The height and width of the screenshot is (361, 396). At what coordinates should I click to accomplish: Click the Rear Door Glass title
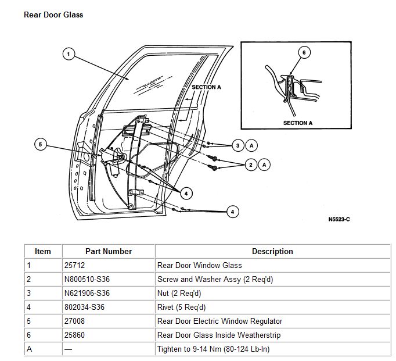click(53, 15)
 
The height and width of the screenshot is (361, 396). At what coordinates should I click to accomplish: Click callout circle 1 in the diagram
click(69, 54)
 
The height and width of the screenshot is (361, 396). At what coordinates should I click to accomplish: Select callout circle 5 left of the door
click(40, 145)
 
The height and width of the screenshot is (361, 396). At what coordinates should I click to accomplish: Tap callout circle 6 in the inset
click(302, 52)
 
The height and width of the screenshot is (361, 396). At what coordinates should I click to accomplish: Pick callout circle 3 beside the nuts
click(237, 145)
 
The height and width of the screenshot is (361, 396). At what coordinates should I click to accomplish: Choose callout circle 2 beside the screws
click(251, 165)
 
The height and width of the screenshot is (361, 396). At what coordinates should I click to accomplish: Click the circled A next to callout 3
click(251, 145)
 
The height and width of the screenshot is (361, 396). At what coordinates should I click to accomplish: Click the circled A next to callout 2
click(264, 165)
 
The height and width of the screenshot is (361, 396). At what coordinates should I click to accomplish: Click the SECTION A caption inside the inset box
click(298, 123)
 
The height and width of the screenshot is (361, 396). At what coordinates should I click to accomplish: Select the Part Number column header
click(109, 252)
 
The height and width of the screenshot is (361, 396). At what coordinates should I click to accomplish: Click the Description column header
click(272, 252)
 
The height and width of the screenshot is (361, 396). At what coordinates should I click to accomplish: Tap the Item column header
click(43, 252)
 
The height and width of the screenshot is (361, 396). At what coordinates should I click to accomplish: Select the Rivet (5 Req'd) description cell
click(182, 308)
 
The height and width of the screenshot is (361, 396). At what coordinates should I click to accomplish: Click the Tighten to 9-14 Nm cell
click(213, 349)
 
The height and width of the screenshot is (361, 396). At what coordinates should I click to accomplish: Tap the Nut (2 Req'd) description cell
click(179, 294)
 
